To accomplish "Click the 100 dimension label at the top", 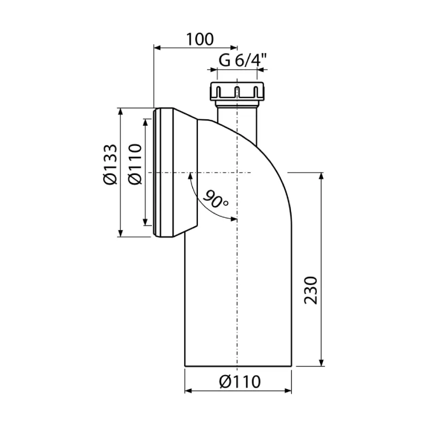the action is coord(200,39).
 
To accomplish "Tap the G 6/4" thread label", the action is coord(242,60).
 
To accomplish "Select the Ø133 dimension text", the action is coord(111,164).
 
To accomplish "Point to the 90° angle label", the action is coord(216,199).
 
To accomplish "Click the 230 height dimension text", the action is coord(311,290).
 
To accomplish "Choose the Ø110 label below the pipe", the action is coord(240,381).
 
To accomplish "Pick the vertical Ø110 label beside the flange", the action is coord(135,164).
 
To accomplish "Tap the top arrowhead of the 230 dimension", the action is coord(322,176).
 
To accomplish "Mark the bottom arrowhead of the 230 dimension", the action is coord(322,362).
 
